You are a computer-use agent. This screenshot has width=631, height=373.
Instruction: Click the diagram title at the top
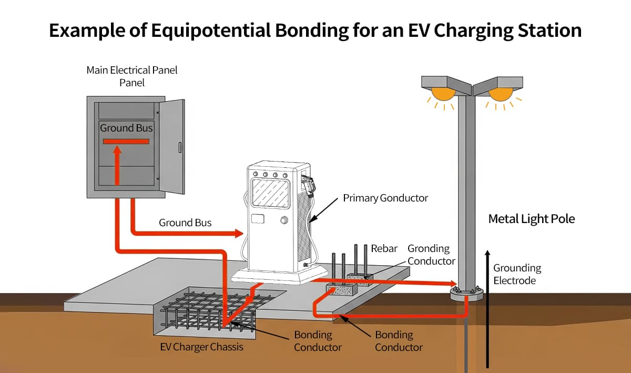[x=315, y=31]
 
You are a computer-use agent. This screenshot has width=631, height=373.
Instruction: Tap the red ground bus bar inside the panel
[x=126, y=142]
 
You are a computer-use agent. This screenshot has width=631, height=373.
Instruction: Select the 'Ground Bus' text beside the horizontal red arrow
[x=185, y=223]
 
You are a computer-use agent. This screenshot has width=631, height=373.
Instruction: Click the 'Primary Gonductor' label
[x=385, y=198]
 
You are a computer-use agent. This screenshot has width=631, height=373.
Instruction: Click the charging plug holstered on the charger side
[x=310, y=185]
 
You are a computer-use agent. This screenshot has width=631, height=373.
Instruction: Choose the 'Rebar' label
[x=384, y=248]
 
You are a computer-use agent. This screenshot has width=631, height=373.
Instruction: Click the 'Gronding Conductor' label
[x=431, y=255]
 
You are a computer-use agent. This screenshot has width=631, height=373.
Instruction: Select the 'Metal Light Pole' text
[x=532, y=219]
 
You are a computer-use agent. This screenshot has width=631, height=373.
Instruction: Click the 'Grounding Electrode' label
[x=516, y=274]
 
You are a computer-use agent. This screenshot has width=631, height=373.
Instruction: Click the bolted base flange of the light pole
[x=466, y=293]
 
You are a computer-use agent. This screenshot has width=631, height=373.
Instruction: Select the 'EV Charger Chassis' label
[x=201, y=347]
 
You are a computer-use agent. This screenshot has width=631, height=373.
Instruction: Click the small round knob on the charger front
[x=284, y=219]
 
